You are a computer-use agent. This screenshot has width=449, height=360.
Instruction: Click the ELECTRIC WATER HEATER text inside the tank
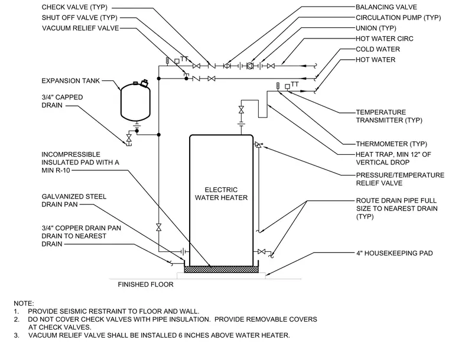pos(221,194)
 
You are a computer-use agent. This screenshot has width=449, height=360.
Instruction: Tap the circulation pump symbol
pos(250,66)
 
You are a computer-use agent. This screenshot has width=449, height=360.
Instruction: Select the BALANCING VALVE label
pos(386,7)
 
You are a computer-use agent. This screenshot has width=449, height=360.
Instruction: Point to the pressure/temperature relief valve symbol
pos(258,145)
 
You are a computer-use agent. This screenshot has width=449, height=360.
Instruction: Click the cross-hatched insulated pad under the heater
pos(221,270)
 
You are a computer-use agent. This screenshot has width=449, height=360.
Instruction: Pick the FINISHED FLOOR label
pos(145,284)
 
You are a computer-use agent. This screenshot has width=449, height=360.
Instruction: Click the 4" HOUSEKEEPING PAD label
pos(394,253)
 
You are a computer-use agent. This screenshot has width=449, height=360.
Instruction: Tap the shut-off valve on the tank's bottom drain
pos(262,252)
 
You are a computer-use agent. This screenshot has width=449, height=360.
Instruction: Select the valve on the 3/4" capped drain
pos(129,138)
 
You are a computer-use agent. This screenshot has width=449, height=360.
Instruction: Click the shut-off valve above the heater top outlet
pos(241,109)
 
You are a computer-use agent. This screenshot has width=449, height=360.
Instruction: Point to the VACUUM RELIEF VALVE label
pos(80,28)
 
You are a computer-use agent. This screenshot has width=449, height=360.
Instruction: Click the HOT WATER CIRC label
pos(384,38)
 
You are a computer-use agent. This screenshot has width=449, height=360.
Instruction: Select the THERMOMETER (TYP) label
pos(392,144)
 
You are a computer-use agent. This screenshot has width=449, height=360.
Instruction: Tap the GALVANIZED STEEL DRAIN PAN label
pos(74,200)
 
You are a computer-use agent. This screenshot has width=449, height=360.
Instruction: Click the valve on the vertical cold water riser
pos(159,228)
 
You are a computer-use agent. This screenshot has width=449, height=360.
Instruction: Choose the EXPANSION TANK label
pos(70,81)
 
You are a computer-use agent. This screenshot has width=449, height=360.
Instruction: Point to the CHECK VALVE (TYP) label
pos(74,7)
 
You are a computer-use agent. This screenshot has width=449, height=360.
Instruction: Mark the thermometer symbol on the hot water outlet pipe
pos(278,86)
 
